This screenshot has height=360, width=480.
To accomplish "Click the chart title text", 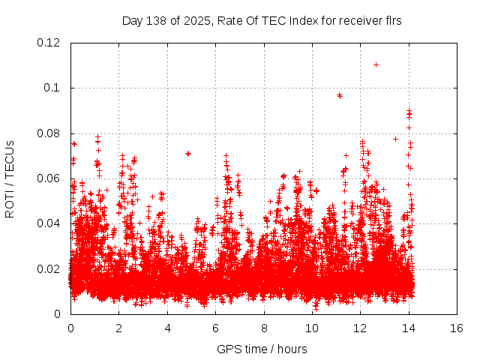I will [262, 20].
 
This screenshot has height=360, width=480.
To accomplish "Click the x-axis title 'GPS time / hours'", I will [262, 349].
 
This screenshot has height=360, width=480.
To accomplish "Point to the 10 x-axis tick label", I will [312, 328].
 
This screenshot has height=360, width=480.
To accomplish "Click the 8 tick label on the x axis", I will [264, 328].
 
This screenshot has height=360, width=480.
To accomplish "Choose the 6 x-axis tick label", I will [215, 328].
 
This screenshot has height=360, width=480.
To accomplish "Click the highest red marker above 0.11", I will [376, 64].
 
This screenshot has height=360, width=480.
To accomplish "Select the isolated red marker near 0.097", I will [340, 95].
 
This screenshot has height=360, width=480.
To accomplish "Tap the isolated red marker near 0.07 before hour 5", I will [188, 154].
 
